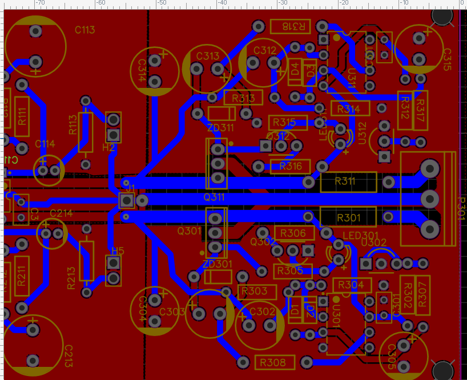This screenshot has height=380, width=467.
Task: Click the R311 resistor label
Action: coord(345,181)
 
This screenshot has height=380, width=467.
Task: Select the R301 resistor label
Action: coord(348,217)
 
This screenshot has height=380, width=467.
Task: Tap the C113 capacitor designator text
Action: coord(84,30)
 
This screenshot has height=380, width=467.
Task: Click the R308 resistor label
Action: coord(273,362)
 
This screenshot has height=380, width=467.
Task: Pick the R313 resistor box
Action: coord(243,98)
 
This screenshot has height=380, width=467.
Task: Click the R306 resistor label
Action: coord(293,233)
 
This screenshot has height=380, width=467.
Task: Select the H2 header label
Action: coord(108,148)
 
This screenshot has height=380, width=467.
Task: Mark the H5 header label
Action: coord(118,251)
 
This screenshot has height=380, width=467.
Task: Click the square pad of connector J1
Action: coord(126,200)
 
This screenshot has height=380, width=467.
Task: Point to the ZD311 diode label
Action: coord(220,127)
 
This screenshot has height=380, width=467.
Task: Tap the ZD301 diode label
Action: coord(218,265)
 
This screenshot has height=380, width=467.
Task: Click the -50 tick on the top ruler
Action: coord(162,3)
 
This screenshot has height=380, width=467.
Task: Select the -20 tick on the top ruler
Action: coord(344,3)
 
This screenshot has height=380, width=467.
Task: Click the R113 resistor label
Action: coord(73,124)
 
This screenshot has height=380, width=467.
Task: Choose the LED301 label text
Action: coord(361,235)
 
